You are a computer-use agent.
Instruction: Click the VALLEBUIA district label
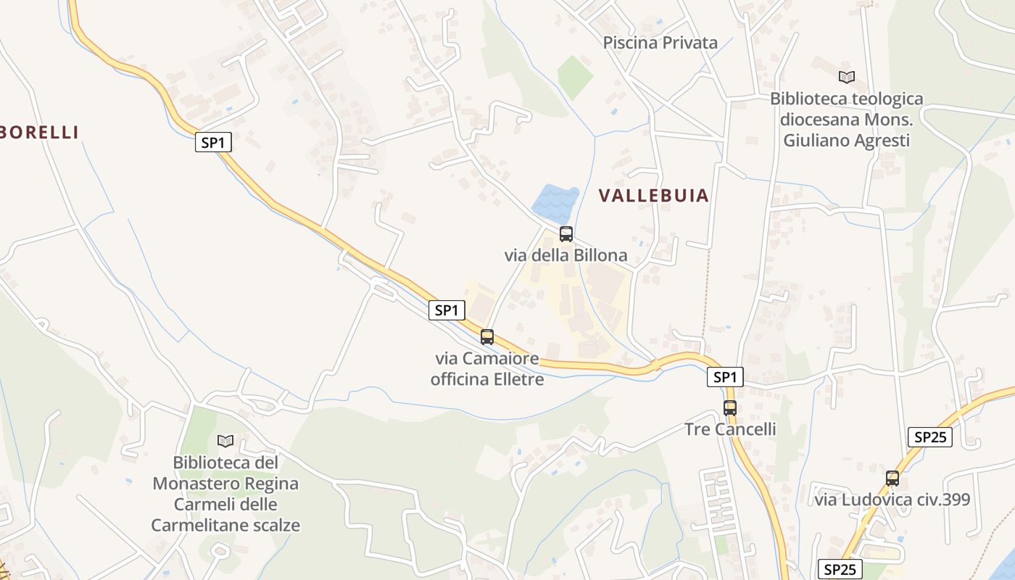[653, 196]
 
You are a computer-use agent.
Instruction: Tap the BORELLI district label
[40, 132]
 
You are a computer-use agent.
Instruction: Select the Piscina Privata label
[660, 43]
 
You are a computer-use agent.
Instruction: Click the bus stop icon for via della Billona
[566, 234]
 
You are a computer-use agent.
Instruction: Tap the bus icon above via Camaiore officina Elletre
[487, 337]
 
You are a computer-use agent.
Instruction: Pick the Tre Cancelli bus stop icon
[729, 408]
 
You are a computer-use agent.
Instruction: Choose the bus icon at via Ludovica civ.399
[892, 478]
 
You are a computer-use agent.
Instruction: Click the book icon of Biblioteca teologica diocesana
[846, 77]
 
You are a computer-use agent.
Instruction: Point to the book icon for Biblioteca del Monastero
[225, 441]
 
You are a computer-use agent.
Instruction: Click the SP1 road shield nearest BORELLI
[213, 143]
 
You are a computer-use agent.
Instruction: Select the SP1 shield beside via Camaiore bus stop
[446, 310]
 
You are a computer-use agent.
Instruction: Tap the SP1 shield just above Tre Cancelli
[725, 377]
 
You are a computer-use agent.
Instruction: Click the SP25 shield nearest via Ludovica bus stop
[929, 437]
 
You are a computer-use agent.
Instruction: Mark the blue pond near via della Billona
[555, 203]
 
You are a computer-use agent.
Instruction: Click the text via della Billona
[565, 255]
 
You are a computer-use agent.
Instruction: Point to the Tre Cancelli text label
[730, 429]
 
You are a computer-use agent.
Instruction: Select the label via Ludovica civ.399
[892, 500]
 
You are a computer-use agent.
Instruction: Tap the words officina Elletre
[486, 379]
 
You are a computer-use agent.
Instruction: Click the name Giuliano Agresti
[846, 141]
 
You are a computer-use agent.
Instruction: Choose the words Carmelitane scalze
[225, 525]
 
